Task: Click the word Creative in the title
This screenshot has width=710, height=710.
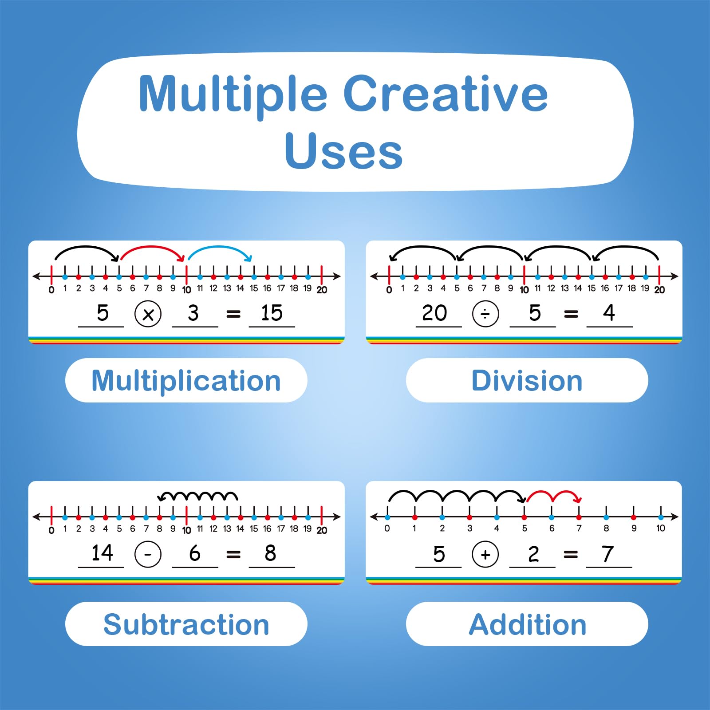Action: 446,94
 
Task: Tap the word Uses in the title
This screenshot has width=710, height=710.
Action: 343,152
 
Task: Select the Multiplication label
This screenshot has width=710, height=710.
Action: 186,381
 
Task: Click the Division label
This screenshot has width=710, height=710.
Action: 527,381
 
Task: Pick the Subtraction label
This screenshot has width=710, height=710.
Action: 186,624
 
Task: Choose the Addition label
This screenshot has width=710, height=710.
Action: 527,624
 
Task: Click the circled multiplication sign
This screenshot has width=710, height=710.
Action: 148,314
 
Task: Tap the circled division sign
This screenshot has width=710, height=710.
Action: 485,314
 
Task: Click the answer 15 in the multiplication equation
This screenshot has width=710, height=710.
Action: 272,313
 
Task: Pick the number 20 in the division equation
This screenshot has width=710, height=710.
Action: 434,313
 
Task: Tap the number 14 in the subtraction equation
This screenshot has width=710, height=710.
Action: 102,553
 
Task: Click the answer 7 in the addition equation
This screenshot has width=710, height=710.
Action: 608,554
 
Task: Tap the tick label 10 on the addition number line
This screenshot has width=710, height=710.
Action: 661,528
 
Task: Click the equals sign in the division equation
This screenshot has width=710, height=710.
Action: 571,314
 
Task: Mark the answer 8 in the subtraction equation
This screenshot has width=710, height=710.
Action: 270,553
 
